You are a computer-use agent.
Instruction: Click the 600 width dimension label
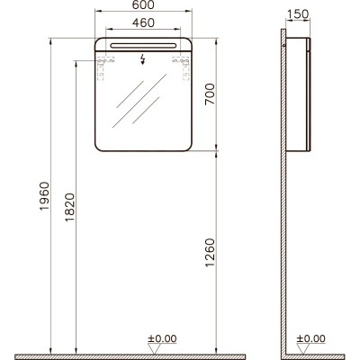click(x=143, y=4)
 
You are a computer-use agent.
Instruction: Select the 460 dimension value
click(x=143, y=22)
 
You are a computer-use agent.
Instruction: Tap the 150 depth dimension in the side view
click(x=298, y=14)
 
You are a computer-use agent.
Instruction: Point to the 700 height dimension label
click(x=210, y=94)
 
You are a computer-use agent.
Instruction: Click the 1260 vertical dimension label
click(x=210, y=253)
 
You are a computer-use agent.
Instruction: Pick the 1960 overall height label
click(x=44, y=196)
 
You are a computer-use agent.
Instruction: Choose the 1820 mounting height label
click(x=69, y=207)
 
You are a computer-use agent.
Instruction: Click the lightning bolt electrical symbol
click(x=143, y=59)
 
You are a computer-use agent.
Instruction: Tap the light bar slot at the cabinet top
click(x=143, y=45)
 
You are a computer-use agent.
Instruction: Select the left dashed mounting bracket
click(x=103, y=67)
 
